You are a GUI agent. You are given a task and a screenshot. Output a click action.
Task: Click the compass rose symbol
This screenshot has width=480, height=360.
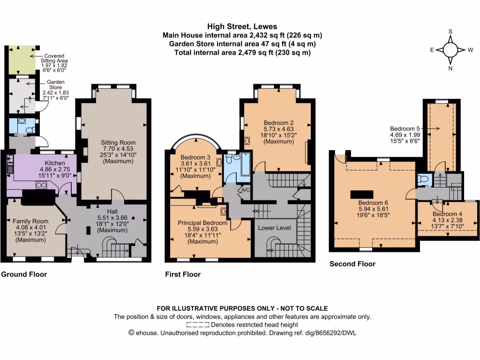[450, 49]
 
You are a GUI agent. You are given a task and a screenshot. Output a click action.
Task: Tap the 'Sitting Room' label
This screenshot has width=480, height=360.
[118, 142]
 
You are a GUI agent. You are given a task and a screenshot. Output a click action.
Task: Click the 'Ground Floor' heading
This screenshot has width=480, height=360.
[24, 274]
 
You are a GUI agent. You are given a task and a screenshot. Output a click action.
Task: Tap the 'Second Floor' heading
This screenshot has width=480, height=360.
[352, 264]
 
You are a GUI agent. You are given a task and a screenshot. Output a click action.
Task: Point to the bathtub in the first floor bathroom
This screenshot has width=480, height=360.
[245, 165]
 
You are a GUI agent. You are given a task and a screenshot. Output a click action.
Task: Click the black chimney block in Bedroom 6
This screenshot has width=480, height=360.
[363, 194]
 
